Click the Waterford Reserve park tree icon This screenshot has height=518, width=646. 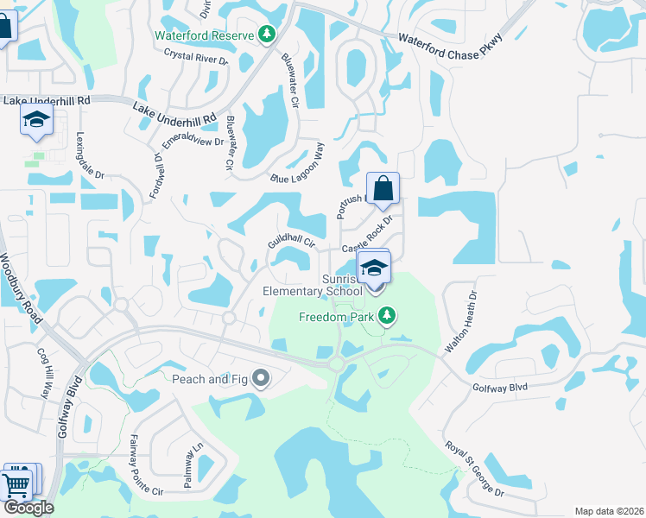point(268,35)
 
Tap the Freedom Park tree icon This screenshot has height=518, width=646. point(389,317)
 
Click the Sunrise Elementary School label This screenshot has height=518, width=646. point(313,285)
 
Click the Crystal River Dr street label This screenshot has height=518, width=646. point(195,57)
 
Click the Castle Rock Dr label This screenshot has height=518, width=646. point(372,235)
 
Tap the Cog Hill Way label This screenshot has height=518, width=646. point(43,372)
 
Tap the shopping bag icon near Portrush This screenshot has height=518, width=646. point(382,188)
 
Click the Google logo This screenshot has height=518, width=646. point(28,508)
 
